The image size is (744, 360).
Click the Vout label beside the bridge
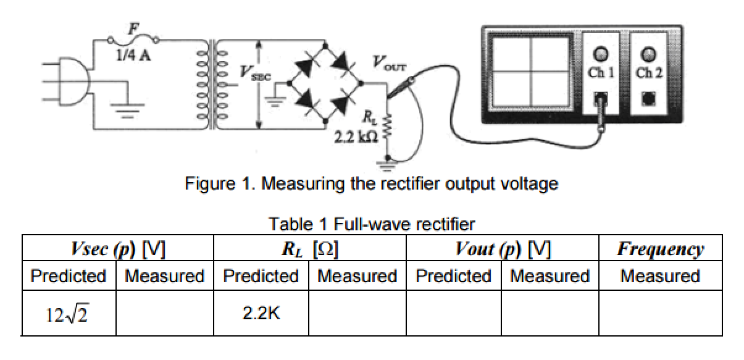[x=387, y=62]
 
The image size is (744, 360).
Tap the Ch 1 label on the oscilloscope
[x=601, y=73]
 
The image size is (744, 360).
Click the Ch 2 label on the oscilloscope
[x=649, y=73]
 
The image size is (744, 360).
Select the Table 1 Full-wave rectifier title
[x=372, y=224]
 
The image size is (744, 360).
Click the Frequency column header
[x=660, y=249]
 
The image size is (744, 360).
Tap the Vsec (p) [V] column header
[x=117, y=249]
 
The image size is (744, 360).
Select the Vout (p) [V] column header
[x=503, y=249]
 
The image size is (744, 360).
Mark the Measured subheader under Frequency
[x=660, y=276]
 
